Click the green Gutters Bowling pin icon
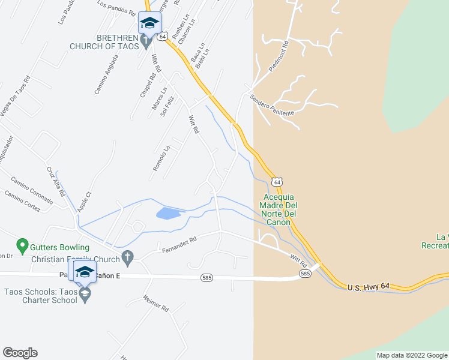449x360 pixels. click(x=22, y=245)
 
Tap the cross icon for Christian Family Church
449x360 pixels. click(x=127, y=259)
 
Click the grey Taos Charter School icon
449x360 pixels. click(x=85, y=294)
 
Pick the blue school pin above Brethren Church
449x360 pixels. click(x=149, y=24)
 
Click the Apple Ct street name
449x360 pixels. click(x=84, y=202)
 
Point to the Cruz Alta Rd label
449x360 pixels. click(x=55, y=181)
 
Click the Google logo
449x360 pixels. click(x=20, y=353)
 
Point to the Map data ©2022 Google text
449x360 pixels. click(x=411, y=355)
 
